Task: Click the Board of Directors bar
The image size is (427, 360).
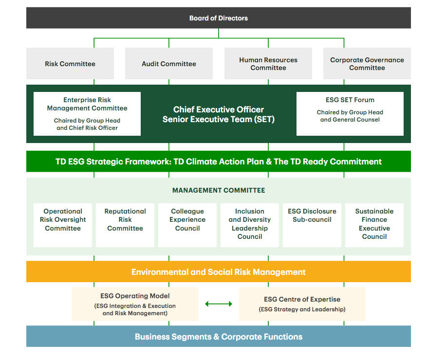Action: (x=218, y=18)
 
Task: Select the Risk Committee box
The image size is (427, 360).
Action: (x=70, y=64)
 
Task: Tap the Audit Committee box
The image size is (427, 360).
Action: (x=169, y=64)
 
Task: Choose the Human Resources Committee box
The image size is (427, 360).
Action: (x=268, y=64)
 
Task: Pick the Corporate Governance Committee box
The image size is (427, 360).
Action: (x=367, y=64)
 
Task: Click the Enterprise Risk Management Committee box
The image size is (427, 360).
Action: (x=87, y=114)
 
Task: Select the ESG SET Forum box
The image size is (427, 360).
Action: (x=350, y=114)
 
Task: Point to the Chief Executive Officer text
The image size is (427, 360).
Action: (x=218, y=109)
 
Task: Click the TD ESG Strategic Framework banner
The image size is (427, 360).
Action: (x=218, y=162)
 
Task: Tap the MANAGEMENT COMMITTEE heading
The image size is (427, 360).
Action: (x=218, y=190)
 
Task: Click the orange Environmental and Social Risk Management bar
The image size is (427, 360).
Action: (x=218, y=272)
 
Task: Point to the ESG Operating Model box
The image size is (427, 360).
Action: (x=135, y=304)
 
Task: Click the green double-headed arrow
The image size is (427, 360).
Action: (x=219, y=304)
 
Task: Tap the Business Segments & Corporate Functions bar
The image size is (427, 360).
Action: (x=218, y=337)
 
